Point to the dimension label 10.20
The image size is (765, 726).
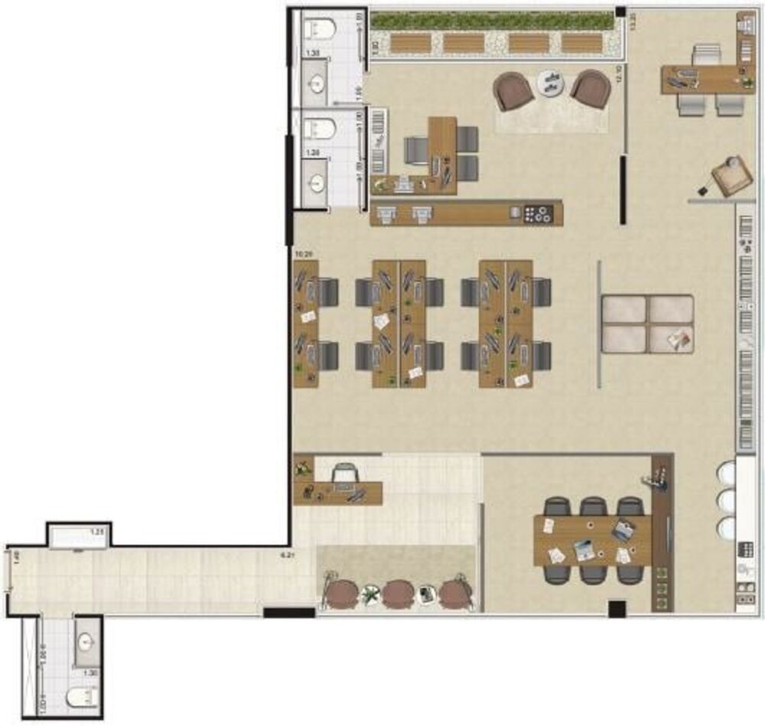(x=304, y=252)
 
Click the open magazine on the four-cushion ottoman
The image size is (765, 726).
(x=677, y=337)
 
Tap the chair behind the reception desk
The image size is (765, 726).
(x=343, y=474)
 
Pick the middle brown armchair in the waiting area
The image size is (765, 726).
(x=399, y=593)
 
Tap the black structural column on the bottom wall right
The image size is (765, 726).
(x=617, y=609)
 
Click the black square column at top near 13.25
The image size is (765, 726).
(x=620, y=12)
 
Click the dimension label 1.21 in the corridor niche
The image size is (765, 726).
(x=97, y=531)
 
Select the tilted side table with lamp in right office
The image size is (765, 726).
(x=731, y=177)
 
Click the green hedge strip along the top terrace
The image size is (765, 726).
(x=492, y=21)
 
